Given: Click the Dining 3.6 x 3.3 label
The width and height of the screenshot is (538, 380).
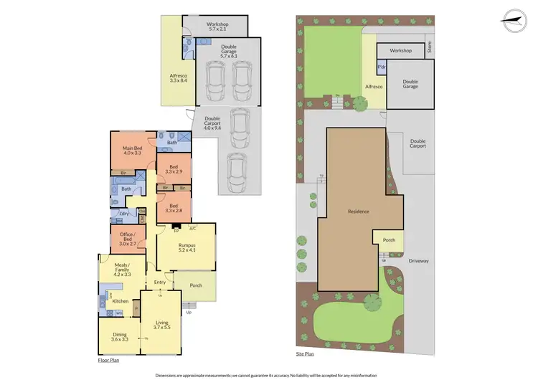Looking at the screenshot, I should point(119,337).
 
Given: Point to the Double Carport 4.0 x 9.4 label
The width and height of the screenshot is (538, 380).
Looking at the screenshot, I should point(212,123).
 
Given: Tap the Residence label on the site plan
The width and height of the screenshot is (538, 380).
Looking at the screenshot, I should point(358,212).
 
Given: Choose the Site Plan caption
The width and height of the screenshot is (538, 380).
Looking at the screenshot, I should point(306,353).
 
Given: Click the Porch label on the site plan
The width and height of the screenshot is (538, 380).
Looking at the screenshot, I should point(389,240).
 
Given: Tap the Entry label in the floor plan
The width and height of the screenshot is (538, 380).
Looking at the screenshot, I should point(160,282).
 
